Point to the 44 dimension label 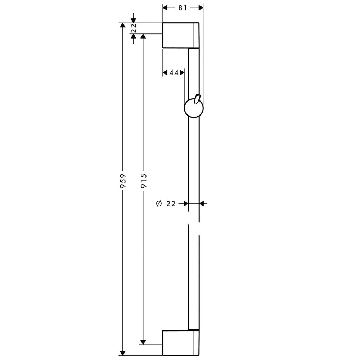click(174, 73)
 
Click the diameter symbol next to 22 click(159, 204)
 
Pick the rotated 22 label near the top click(134, 28)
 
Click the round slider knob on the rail click(194, 109)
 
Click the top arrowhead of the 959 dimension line click(123, 26)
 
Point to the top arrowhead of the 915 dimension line click(143, 36)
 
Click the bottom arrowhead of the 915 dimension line click(143, 342)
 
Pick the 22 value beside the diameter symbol click(171, 204)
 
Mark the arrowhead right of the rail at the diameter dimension click(202, 204)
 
